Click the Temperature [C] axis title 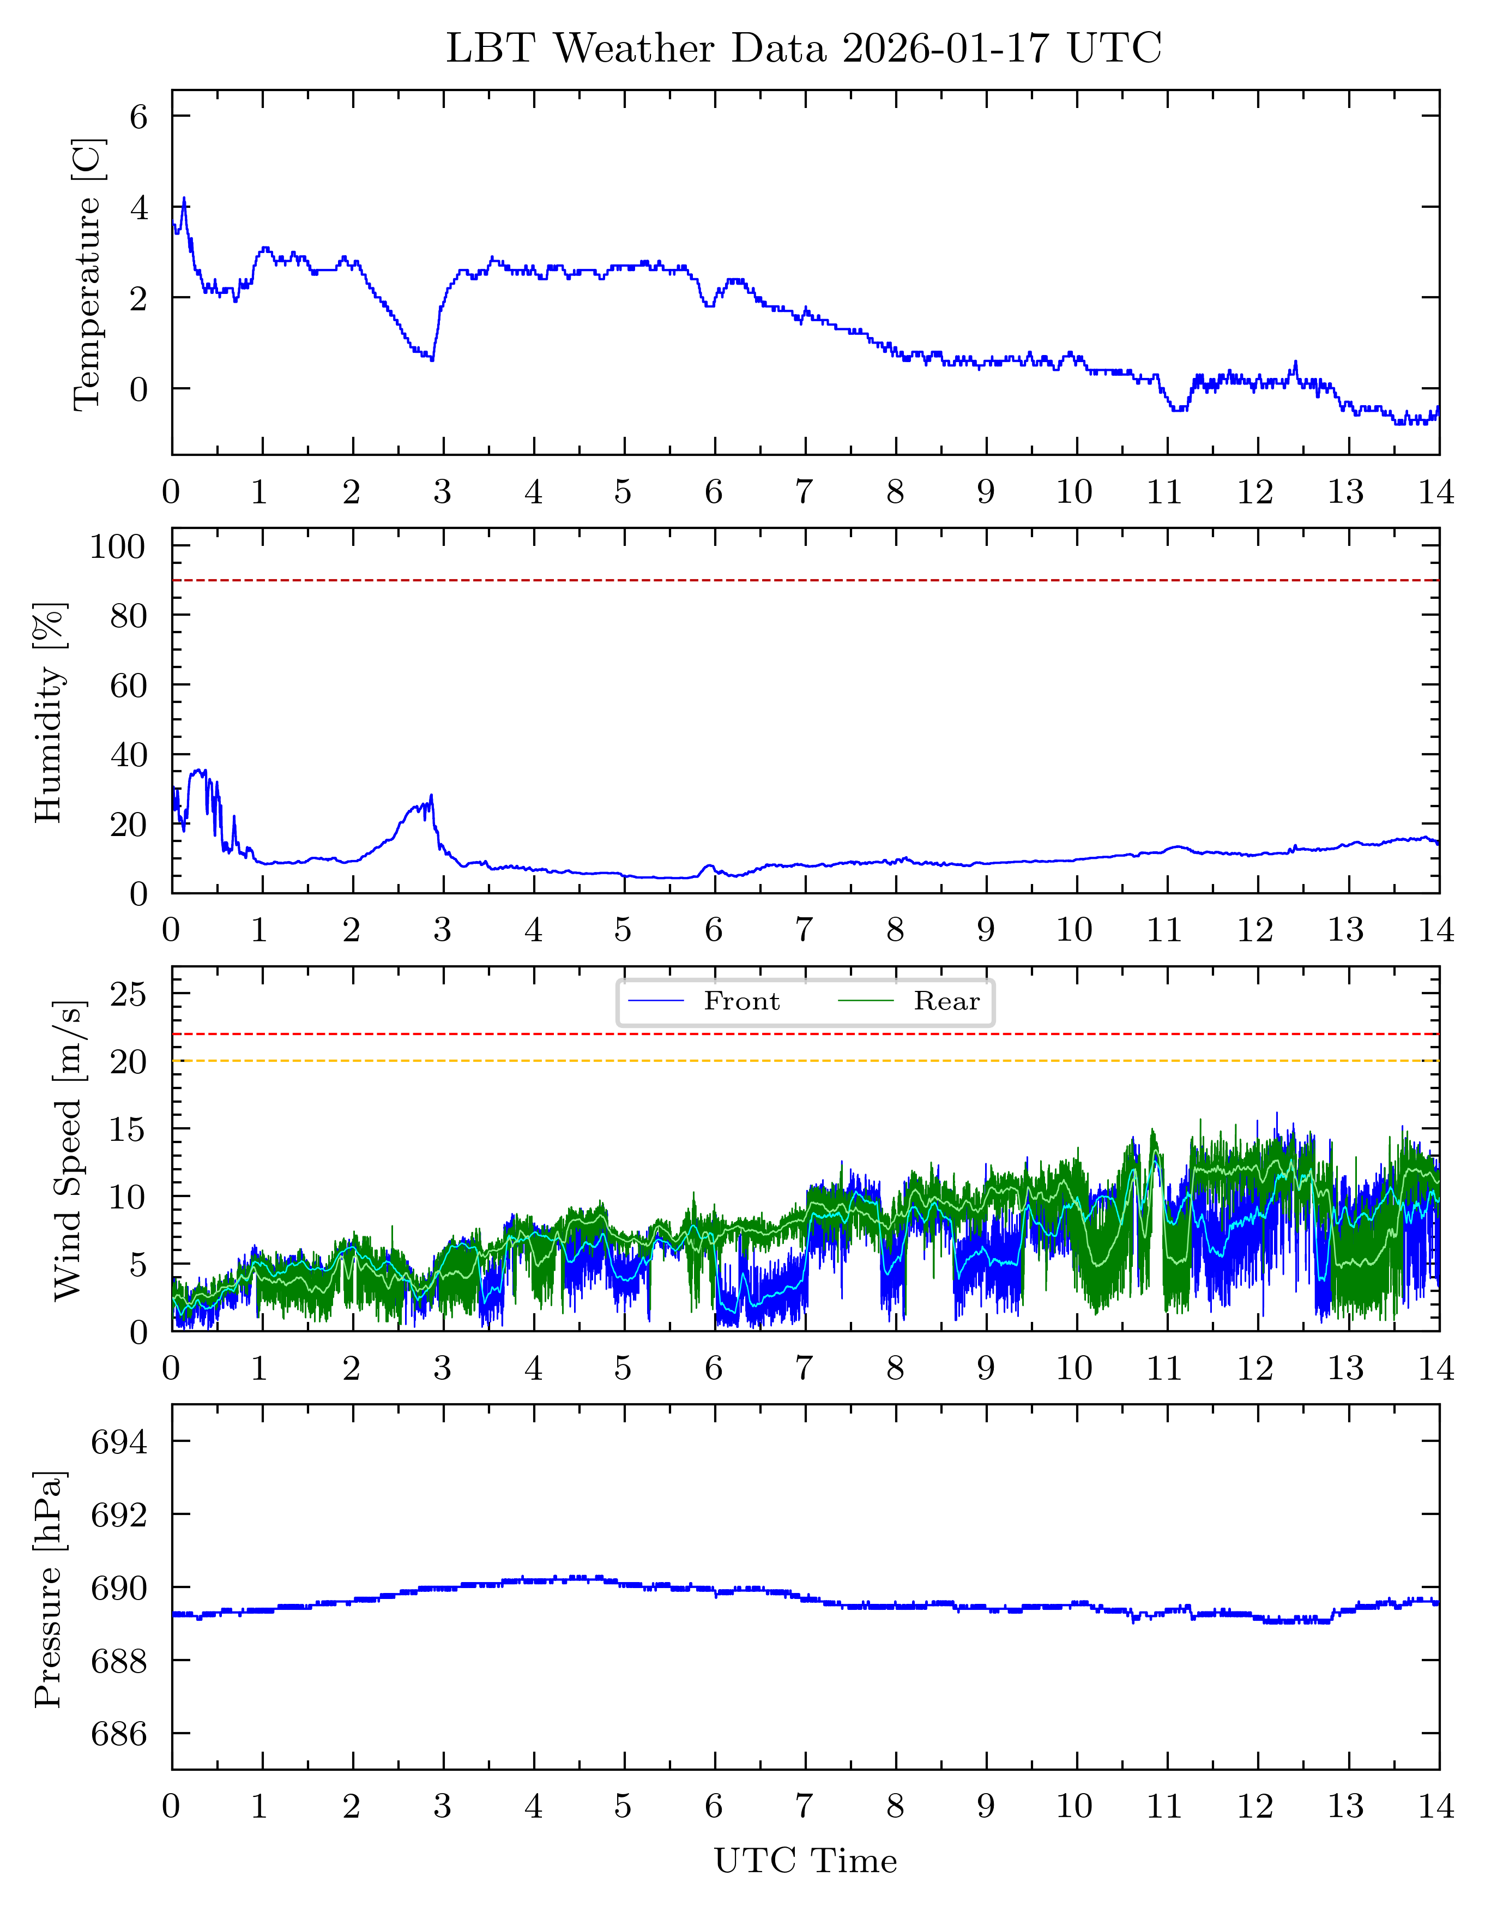(88, 273)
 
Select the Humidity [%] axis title (50, 712)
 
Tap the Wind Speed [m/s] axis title (68, 1150)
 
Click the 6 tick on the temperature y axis (139, 117)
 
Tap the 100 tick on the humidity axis (117, 547)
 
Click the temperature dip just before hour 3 (431, 359)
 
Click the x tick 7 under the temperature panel (804, 492)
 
